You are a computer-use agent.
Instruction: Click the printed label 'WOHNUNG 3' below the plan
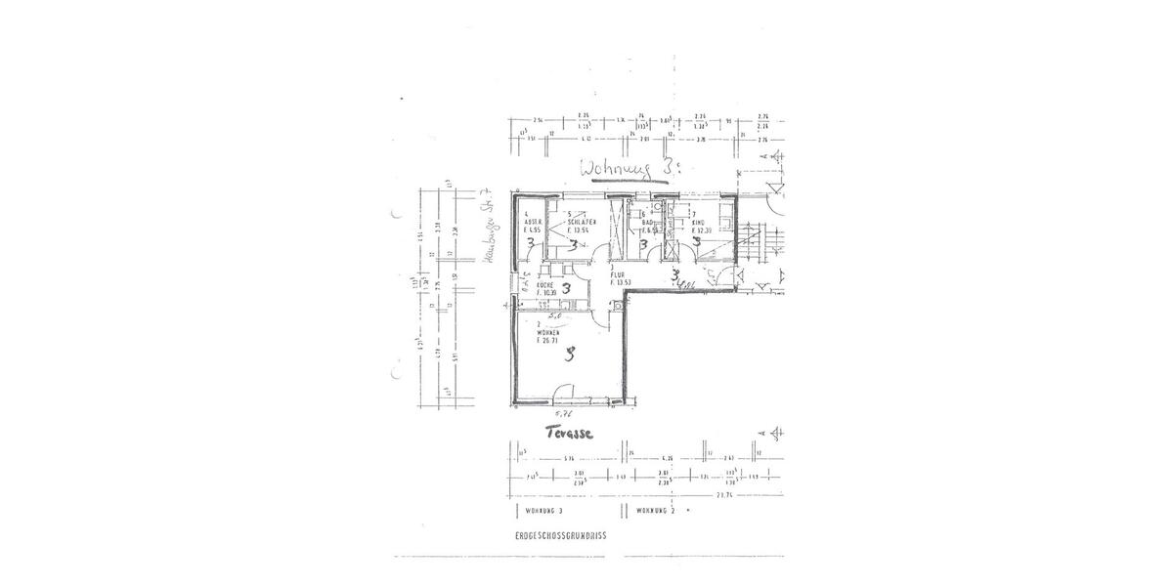[544, 511]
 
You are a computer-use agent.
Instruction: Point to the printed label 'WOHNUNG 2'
[656, 511]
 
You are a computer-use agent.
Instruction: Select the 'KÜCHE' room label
[545, 284]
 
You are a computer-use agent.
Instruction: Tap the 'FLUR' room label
[617, 275]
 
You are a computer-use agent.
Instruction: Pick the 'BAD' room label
[646, 223]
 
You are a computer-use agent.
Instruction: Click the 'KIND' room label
[698, 222]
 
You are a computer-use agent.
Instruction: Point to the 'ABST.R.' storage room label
[534, 222]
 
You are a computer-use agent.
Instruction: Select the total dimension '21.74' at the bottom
[724, 494]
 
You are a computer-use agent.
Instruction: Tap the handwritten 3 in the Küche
[566, 288]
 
